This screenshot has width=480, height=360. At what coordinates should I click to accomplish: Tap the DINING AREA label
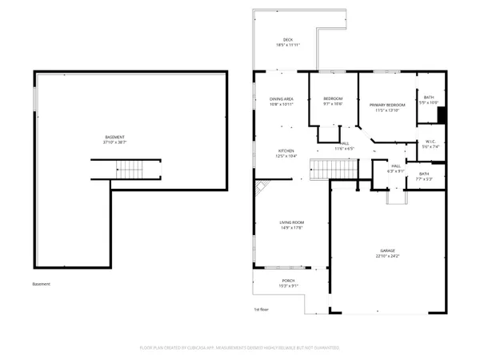[282, 98]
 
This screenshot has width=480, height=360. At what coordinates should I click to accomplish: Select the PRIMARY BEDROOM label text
[387, 105]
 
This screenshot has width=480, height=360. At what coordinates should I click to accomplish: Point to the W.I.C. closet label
[430, 143]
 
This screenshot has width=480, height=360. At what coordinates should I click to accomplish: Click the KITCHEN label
[286, 150]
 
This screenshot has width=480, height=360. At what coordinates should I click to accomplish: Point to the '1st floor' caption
[262, 308]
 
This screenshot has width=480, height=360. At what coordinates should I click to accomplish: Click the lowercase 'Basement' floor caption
[42, 284]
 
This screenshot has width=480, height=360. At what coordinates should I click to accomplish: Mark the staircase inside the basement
[128, 170]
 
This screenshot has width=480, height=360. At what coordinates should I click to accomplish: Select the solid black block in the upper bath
[439, 114]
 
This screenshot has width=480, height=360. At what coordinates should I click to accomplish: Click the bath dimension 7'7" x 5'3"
[424, 179]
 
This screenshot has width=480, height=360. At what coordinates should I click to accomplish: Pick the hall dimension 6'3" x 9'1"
[396, 171]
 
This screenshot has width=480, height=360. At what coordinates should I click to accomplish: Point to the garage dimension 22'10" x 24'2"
[387, 256]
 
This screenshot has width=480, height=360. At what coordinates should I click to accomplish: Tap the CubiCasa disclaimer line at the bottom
[240, 348]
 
